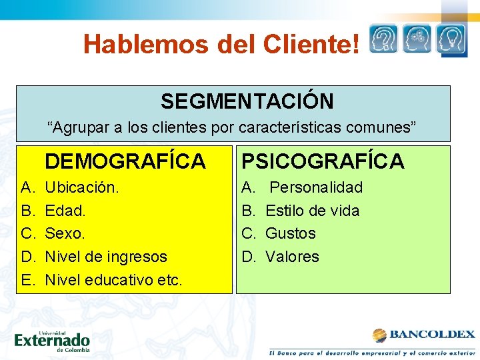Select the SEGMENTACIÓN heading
(x=247, y=101)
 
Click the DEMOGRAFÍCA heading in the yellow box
(x=125, y=161)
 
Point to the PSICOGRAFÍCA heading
(x=323, y=161)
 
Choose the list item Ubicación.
(x=82, y=188)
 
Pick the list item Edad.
(x=65, y=211)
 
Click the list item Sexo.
(x=66, y=233)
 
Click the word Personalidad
(x=316, y=188)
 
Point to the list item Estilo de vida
(x=312, y=211)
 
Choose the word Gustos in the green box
(x=291, y=233)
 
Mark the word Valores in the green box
(x=293, y=257)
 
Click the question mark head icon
(x=383, y=39)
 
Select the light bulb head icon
(x=451, y=39)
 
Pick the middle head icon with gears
(x=417, y=39)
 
